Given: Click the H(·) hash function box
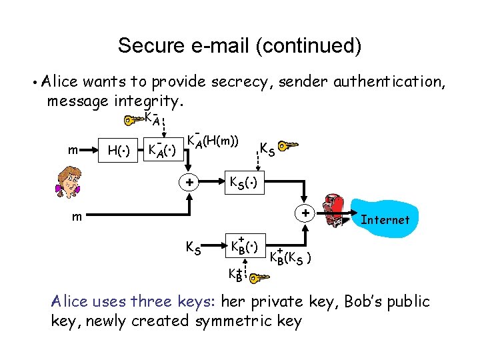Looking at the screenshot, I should tap(118, 151).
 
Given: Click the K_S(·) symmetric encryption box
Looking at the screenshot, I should tap(244, 181).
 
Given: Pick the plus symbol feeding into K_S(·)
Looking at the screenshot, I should tap(189, 181).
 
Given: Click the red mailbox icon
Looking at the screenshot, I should tap(332, 211).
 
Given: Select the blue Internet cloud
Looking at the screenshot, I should tap(385, 219).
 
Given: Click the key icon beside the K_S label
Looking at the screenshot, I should tap(288, 145).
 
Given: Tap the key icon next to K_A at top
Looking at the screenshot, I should tap(134, 121).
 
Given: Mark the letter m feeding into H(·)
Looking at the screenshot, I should tap(76, 151).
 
